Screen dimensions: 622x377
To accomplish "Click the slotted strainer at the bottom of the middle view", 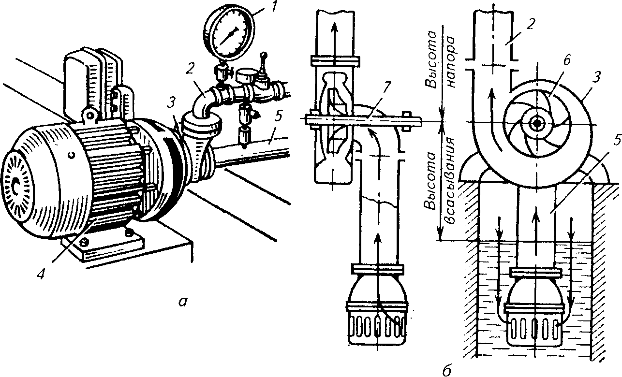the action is click(x=377, y=327).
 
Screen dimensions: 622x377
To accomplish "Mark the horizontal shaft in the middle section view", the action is click(x=364, y=120).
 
